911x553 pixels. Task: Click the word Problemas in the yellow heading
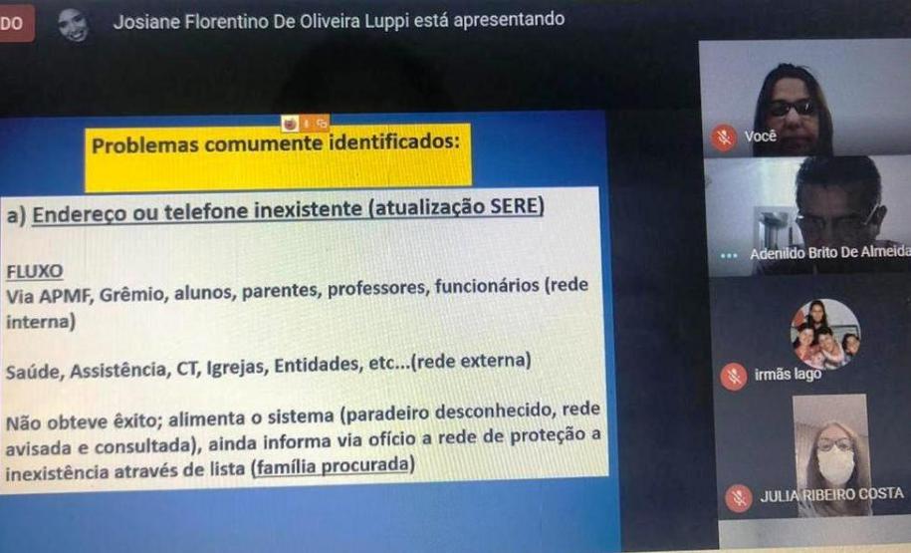pyautogui.click(x=145, y=145)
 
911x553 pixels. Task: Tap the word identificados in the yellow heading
pyautogui.click(x=394, y=141)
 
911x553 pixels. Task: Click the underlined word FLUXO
pyautogui.click(x=34, y=271)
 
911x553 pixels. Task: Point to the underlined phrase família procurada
pyautogui.click(x=333, y=466)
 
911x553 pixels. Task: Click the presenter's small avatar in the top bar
pyautogui.click(x=74, y=25)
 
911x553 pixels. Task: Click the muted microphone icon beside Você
pyautogui.click(x=725, y=138)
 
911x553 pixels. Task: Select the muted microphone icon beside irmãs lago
pyautogui.click(x=734, y=377)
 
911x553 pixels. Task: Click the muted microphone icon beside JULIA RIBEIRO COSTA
pyautogui.click(x=739, y=498)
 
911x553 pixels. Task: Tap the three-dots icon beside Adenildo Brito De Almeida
pyautogui.click(x=729, y=256)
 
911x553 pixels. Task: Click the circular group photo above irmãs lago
pyautogui.click(x=825, y=335)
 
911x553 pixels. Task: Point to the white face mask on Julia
pyautogui.click(x=836, y=465)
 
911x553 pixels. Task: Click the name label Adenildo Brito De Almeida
pyautogui.click(x=830, y=252)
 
